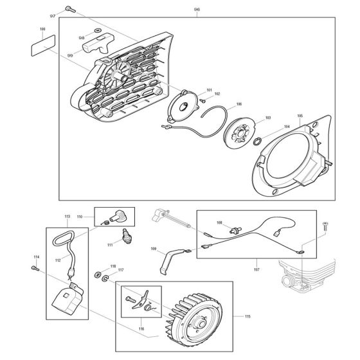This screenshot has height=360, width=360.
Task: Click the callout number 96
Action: [x=197, y=10]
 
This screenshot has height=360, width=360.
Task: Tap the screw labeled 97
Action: [x=70, y=9]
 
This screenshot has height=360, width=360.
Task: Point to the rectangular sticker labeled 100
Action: [x=43, y=46]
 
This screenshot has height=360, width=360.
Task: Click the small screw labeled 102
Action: [x=202, y=100]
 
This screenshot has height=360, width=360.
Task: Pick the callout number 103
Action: [x=268, y=118]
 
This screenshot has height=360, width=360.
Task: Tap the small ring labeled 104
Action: [x=257, y=141]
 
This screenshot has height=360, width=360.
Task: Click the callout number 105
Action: [x=300, y=116]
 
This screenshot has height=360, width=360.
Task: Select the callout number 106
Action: [x=239, y=104]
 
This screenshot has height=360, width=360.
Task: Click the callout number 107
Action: [x=256, y=269]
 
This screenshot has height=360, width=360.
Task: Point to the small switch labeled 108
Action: [x=235, y=230]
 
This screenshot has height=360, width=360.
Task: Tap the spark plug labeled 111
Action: [x=126, y=236]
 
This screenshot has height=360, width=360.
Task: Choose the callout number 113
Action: [x=67, y=216]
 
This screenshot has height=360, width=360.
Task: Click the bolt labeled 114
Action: [x=35, y=268]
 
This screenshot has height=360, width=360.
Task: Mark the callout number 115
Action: [x=248, y=316]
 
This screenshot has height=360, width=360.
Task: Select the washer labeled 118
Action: [x=98, y=274]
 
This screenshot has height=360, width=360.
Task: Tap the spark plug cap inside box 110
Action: [x=117, y=216]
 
